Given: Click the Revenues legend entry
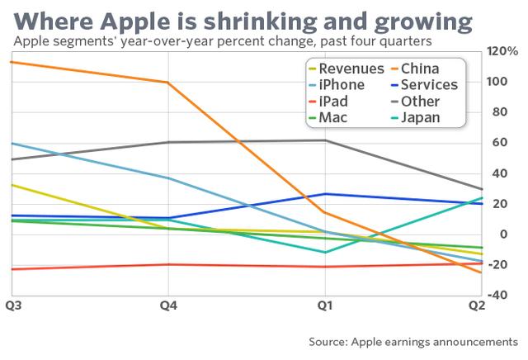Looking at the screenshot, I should point(351,69).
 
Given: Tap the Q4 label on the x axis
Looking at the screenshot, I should point(168,306).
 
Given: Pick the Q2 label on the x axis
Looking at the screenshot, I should point(476,306).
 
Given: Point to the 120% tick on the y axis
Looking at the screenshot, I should point(502,52).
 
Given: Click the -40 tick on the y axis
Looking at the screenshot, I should point(501,296).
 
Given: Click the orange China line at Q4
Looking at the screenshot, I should point(168,83).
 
